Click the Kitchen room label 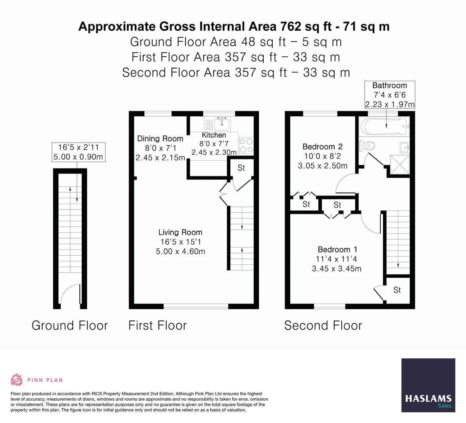214,135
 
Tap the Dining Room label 160,139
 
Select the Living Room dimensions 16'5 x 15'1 180,242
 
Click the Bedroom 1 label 337,249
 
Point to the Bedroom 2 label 322,147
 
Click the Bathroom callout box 389,95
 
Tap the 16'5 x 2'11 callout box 79,152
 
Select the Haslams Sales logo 428,385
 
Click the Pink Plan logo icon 17,380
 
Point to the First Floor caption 158,325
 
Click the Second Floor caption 323,325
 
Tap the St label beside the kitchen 241,168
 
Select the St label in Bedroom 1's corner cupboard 397,290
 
